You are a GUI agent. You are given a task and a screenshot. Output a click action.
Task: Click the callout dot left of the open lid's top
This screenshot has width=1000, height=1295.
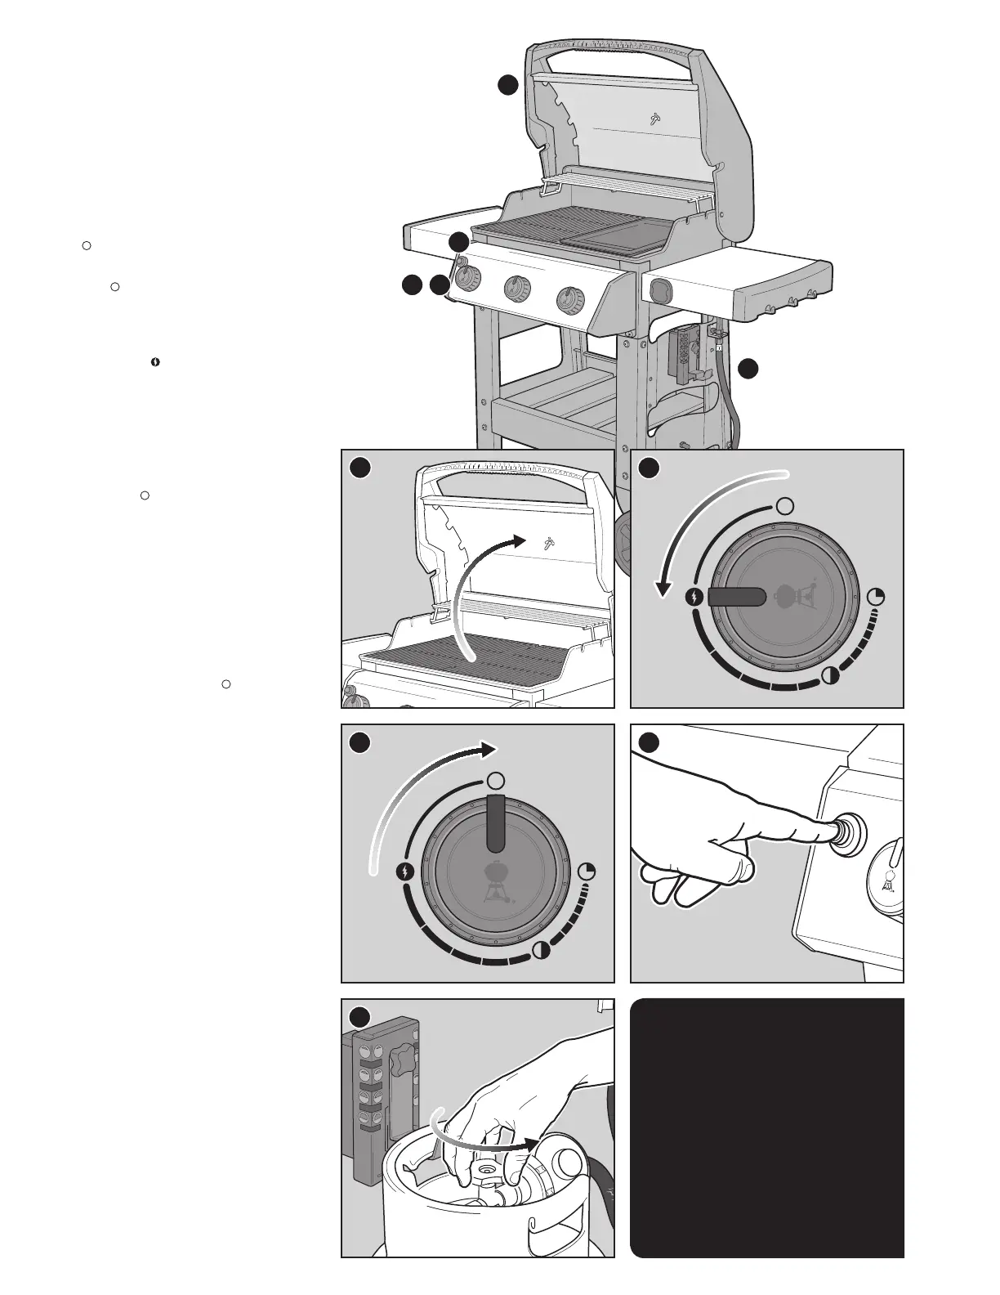(x=509, y=84)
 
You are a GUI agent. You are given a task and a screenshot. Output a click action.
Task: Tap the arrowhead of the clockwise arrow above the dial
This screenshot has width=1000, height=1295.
(x=489, y=750)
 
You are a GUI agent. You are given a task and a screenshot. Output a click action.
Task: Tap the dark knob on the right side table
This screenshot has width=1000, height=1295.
(x=661, y=290)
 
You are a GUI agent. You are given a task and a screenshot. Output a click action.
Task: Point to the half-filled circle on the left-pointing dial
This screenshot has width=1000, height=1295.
(x=829, y=675)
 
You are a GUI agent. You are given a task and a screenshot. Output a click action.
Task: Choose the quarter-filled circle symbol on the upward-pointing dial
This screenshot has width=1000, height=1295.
(x=587, y=872)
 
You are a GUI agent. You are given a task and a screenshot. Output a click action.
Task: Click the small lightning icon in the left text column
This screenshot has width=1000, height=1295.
(x=154, y=361)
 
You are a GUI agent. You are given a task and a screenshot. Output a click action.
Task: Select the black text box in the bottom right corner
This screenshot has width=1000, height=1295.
(x=767, y=1128)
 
